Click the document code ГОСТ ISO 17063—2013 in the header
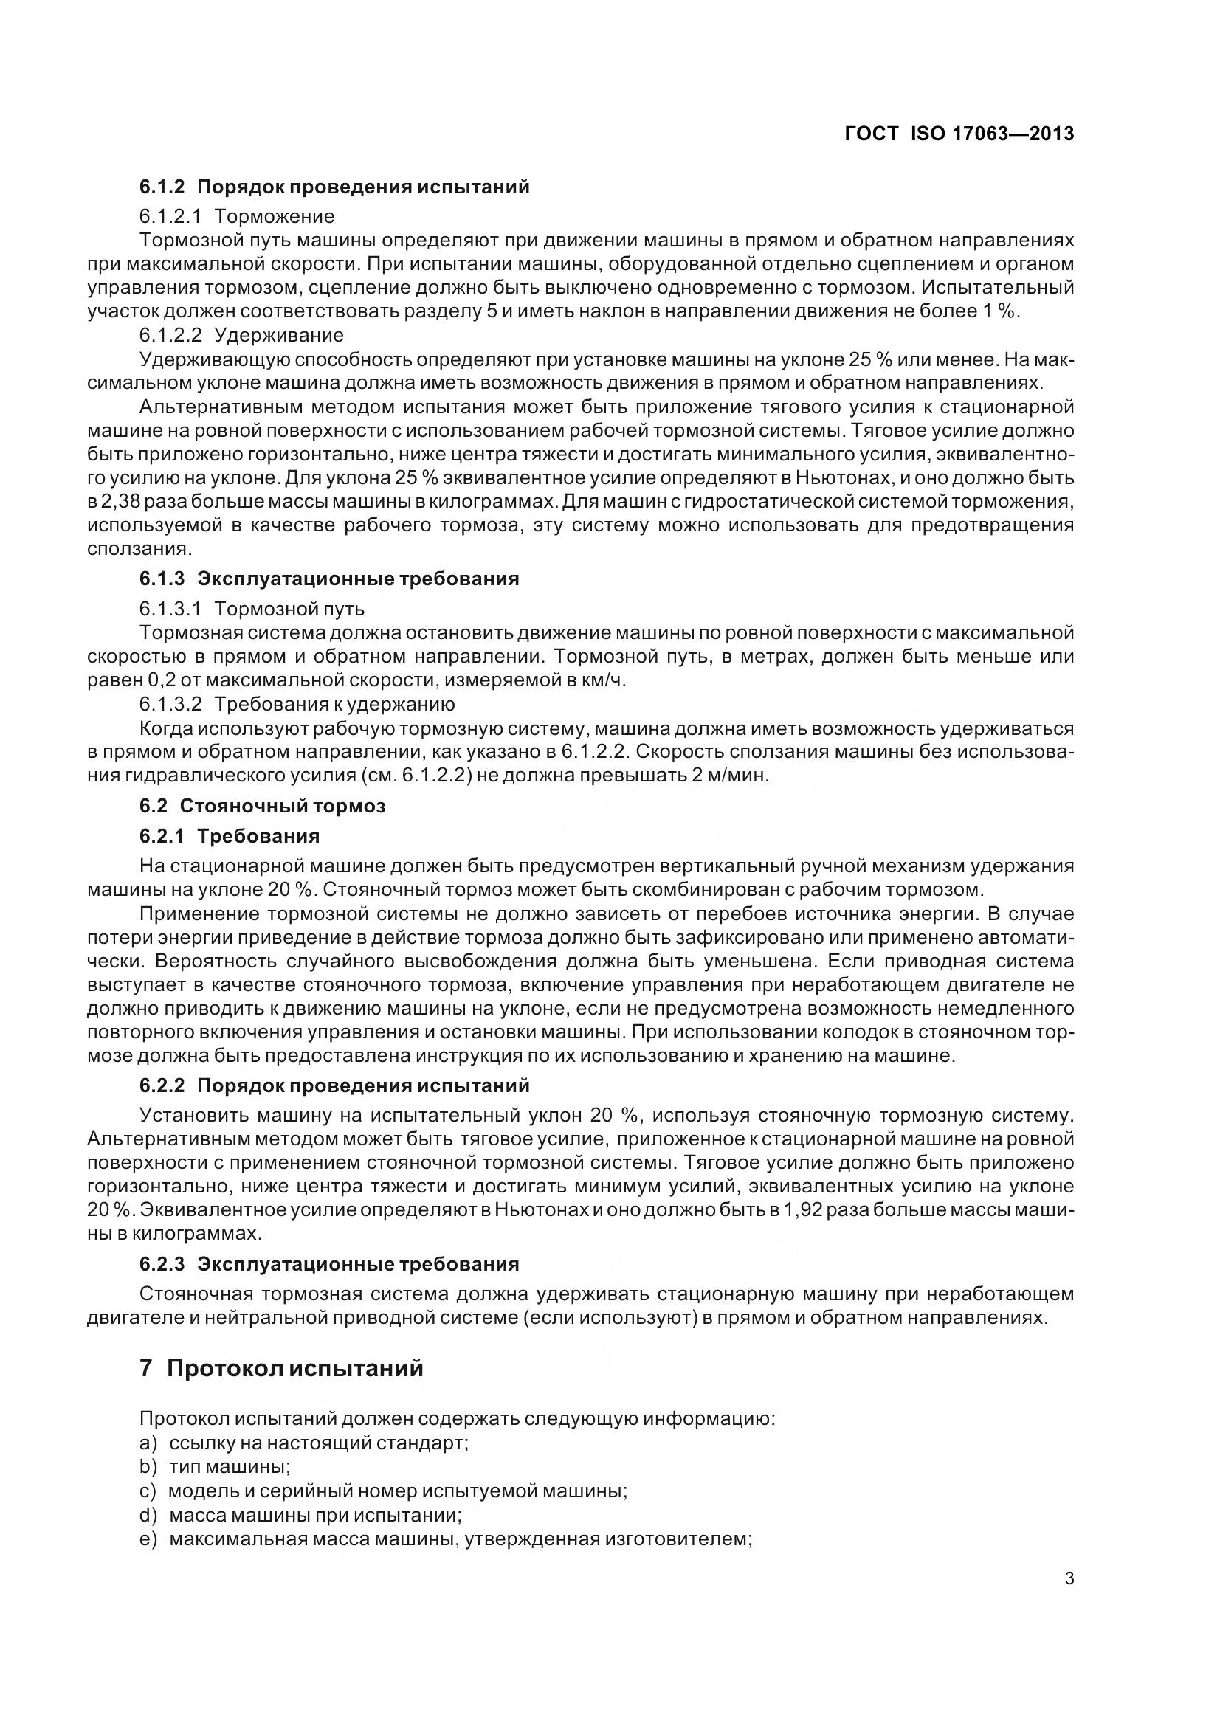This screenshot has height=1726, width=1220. coord(959,134)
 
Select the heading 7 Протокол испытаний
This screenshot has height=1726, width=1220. coord(281,1368)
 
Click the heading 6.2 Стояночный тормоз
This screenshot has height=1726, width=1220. coord(261,806)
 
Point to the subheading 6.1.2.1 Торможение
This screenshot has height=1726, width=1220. coord(237,216)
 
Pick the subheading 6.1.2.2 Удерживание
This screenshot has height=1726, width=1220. coord(241,334)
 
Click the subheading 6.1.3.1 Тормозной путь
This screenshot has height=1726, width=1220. coord(252,608)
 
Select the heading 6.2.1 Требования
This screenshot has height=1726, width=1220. coord(230,836)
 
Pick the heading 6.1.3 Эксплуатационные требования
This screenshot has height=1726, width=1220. coord(329,579)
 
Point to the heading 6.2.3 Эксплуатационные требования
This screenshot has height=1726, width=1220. coord(329,1263)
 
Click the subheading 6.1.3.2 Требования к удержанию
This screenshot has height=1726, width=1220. coord(297,705)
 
